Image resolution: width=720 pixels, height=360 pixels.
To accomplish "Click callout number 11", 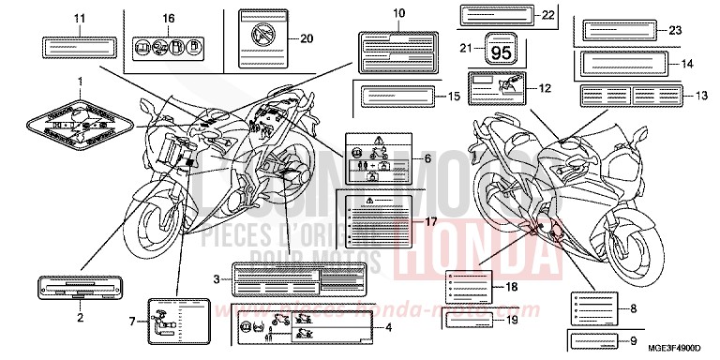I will click(79, 19).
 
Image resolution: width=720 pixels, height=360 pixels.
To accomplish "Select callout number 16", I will click(169, 19).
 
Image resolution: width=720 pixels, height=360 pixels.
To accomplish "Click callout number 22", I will click(522, 15).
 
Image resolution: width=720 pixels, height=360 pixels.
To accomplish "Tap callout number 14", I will click(686, 64).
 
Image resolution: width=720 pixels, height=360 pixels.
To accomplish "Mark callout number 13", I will click(702, 96).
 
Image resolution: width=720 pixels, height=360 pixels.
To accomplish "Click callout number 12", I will click(543, 90).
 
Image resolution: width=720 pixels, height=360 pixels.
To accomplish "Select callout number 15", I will click(453, 96).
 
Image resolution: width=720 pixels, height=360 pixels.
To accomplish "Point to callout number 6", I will click(427, 159).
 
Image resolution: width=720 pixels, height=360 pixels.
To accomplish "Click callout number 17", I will click(431, 221).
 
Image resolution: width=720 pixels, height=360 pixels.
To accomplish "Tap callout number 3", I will click(217, 278).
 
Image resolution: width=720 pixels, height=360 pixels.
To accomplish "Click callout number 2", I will click(80, 317).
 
